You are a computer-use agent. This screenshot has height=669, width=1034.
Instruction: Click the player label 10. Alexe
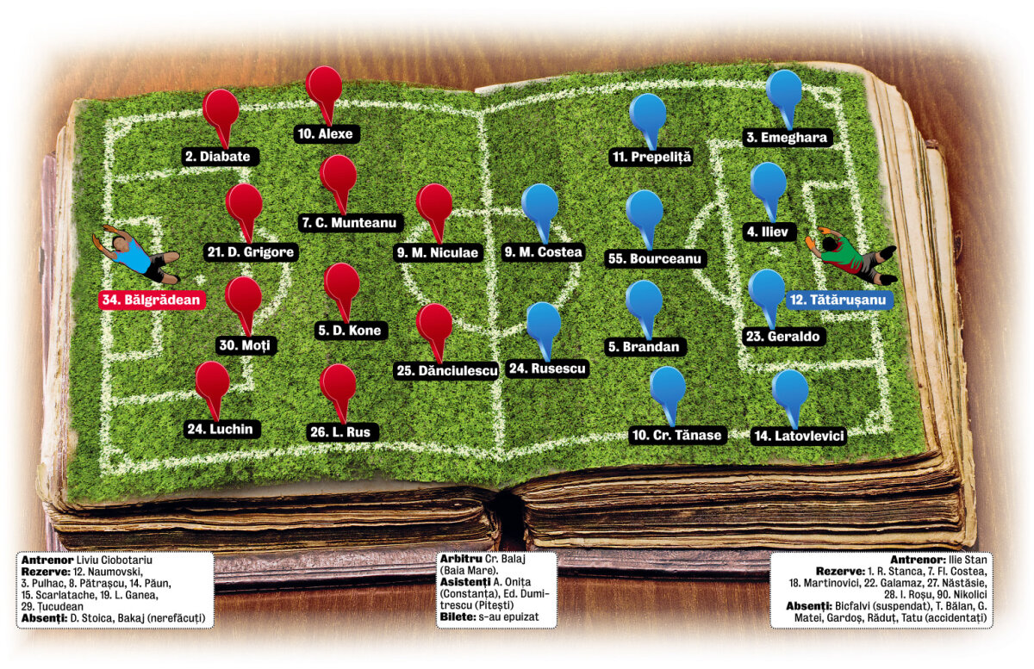tap(326, 133)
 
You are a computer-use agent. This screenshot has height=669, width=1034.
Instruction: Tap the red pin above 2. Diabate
tap(221, 119)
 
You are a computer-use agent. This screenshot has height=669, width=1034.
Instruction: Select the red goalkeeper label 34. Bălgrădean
tap(152, 300)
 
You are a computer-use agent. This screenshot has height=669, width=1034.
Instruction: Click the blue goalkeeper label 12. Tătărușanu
tap(838, 300)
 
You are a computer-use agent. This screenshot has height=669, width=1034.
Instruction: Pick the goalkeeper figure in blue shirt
tap(136, 254)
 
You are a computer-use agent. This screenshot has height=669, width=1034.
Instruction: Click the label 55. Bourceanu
tap(655, 258)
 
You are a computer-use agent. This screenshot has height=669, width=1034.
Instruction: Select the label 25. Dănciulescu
tap(447, 370)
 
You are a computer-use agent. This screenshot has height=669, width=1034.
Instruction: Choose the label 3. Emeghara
tap(787, 138)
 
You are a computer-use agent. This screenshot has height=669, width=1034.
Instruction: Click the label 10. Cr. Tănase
tap(676, 435)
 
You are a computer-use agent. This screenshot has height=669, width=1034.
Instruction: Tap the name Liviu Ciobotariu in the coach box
tap(114, 561)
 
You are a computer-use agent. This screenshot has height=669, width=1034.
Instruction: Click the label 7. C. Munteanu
tap(350, 223)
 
